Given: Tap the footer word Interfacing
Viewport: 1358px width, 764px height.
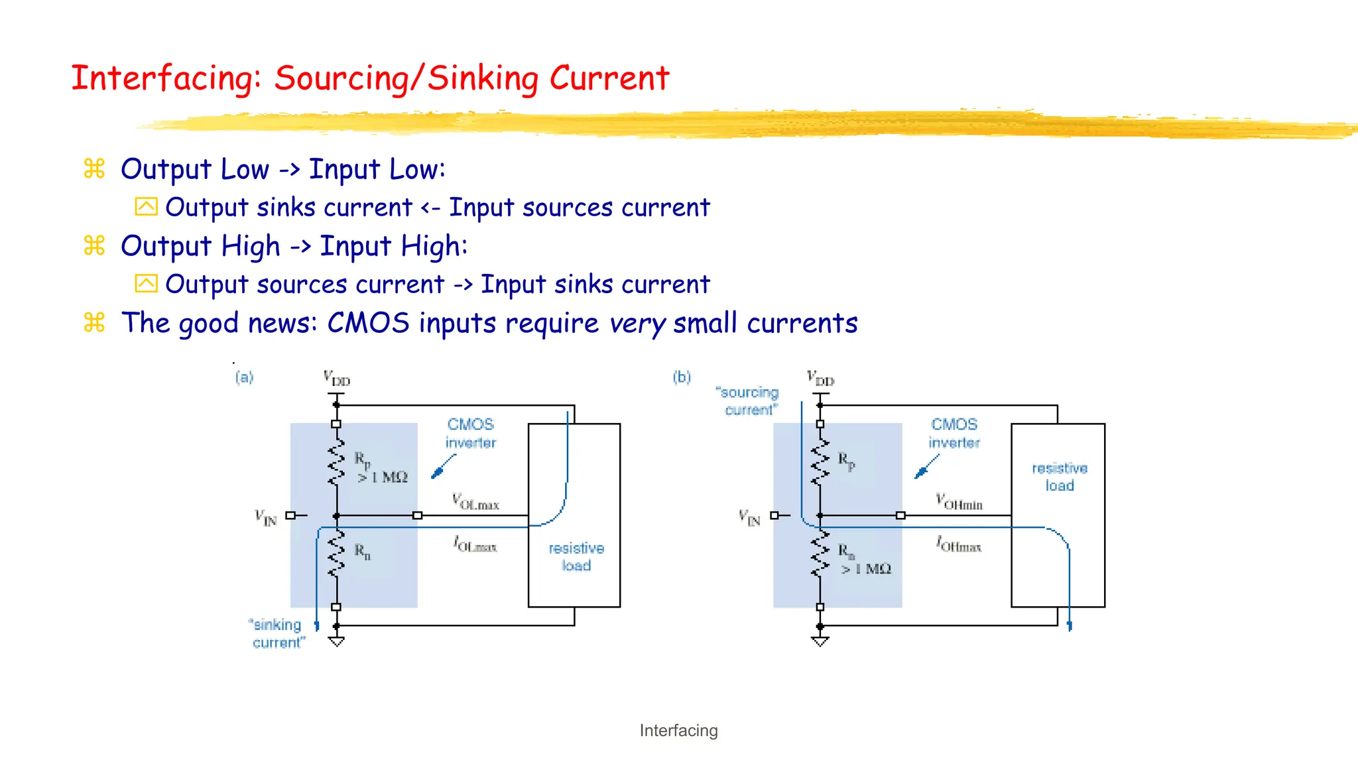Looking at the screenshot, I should tap(678, 730).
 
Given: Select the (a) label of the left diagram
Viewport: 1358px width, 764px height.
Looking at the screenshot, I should tap(244, 377).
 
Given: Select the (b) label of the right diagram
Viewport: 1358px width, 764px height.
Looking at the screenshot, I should tap(682, 377).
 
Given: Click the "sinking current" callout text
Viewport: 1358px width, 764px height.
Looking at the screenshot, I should tap(277, 633).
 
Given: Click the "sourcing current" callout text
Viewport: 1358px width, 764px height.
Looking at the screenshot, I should tap(749, 401).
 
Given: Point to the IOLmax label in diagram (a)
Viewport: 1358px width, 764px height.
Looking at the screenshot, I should tap(475, 544).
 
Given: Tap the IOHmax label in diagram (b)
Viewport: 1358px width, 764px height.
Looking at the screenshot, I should tap(958, 544).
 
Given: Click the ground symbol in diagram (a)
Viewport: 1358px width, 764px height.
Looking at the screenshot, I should tap(336, 641).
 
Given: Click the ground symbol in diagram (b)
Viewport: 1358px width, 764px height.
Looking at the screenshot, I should tap(820, 641).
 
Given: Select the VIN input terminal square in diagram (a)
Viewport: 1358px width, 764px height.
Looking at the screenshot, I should tap(290, 515).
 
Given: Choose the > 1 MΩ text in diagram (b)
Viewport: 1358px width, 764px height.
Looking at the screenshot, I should tap(866, 569).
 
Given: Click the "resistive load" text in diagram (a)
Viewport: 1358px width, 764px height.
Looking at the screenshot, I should tap(576, 556).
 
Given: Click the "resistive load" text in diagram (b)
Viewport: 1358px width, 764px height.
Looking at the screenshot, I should tap(1060, 476).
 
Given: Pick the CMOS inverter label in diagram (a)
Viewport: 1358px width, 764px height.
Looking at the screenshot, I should tap(471, 433).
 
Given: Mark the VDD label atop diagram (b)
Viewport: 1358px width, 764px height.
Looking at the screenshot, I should tap(820, 379).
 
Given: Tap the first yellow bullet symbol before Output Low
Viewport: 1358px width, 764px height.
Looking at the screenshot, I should tap(94, 169).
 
